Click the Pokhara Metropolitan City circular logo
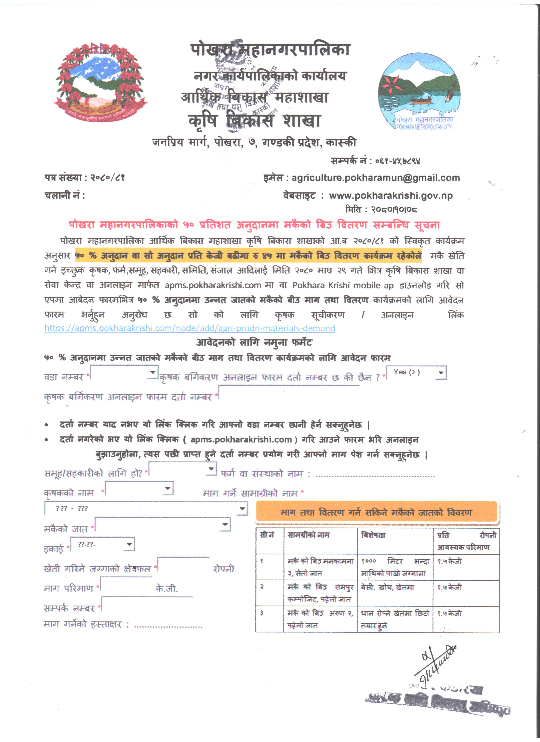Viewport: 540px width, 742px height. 419,92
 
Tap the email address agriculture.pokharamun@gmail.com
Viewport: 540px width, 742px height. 376,178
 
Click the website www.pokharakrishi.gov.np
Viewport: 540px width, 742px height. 391,196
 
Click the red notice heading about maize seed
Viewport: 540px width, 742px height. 254,225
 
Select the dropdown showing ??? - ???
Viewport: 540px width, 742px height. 146,508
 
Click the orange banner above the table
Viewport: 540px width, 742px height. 376,512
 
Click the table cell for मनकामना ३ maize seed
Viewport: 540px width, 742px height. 320,567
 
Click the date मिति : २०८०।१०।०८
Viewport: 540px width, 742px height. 381,209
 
